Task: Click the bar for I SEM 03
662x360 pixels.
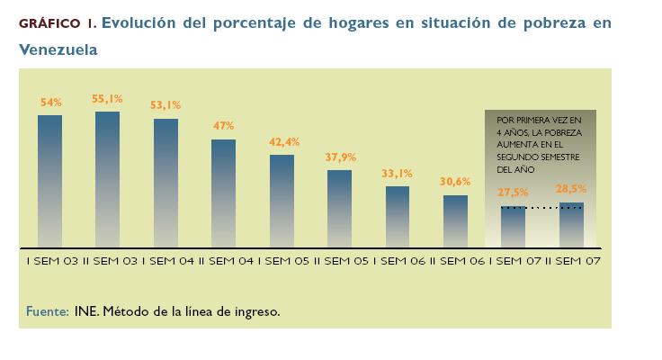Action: tap(49, 180)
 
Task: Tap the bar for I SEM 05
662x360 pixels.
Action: tap(282, 200)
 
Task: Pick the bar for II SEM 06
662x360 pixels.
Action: tap(455, 220)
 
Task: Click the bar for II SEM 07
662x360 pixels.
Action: tap(571, 224)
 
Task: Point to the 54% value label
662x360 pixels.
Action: tap(50, 103)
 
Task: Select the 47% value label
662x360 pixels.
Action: tap(223, 127)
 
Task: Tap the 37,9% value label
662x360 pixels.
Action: tap(339, 157)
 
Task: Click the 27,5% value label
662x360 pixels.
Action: tap(513, 193)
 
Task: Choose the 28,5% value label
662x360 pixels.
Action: tap(571, 189)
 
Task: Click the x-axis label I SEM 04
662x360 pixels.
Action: tap(165, 261)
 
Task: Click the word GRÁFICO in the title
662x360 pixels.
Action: tap(49, 24)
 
